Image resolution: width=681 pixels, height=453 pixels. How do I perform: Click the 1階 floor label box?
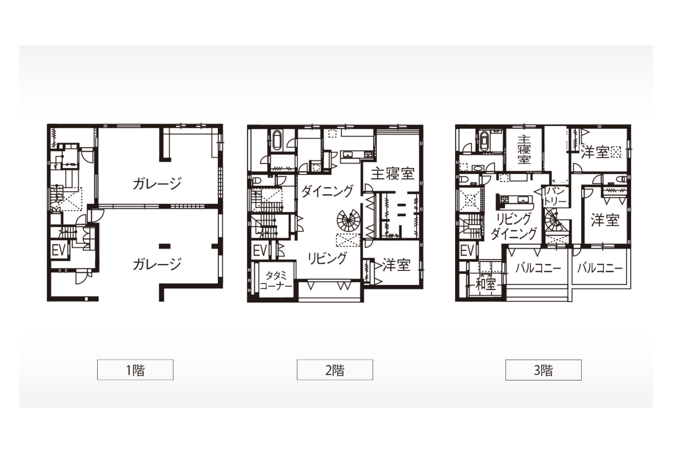coord(135,370)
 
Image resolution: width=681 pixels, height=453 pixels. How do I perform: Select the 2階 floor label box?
coord(335,370)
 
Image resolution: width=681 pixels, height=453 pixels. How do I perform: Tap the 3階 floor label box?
coord(543,370)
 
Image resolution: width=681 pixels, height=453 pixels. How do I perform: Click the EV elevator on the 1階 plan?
coord(59,250)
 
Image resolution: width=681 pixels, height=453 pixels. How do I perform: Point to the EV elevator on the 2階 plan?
coord(260,251)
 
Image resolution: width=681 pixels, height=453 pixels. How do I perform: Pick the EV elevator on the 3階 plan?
coord(467,251)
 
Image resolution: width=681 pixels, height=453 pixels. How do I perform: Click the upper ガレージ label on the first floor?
coord(157,184)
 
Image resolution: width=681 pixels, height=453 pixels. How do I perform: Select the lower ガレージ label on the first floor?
coord(157,264)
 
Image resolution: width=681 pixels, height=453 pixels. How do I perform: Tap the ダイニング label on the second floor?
coord(327,191)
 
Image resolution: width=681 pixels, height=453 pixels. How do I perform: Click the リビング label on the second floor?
coord(327,258)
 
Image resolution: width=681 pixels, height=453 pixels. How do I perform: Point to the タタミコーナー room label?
coord(276,281)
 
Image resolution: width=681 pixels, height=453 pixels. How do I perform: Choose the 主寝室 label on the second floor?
coord(392,174)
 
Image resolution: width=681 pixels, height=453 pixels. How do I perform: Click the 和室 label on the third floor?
coord(486,284)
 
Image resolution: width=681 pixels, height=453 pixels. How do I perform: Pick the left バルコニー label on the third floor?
coord(538,268)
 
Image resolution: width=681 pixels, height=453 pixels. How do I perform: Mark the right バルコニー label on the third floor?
coord(600,268)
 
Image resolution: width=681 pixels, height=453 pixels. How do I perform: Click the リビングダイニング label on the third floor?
coord(514,226)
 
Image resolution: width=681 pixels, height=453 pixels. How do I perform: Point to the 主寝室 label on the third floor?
coord(524,150)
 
